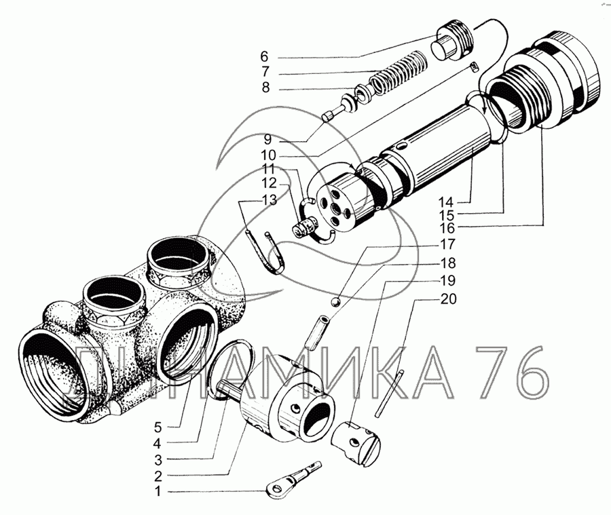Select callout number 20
click(449, 298)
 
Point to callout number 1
click(158, 491)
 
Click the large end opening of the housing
click(50, 371)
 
